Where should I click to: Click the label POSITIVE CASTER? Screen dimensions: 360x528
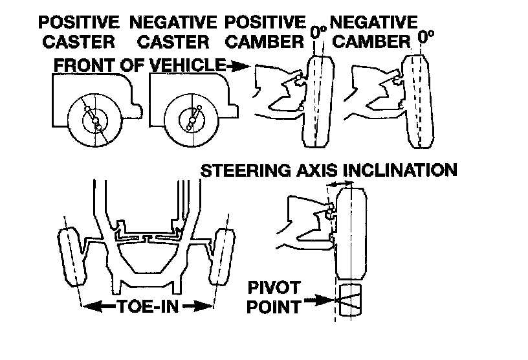[x=78, y=32]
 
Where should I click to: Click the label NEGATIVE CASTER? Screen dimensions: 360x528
[x=172, y=32]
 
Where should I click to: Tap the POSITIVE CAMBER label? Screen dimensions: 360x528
[x=265, y=32]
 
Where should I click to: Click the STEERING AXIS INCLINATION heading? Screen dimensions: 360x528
[x=329, y=170]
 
